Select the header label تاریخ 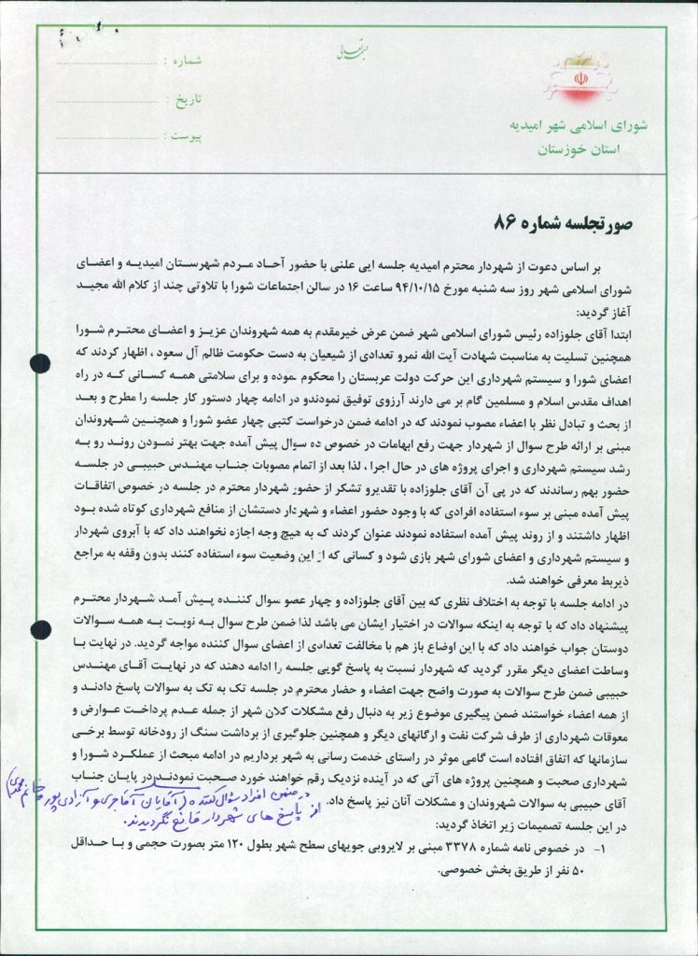182,98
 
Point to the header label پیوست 182,136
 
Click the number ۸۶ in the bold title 506,222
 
